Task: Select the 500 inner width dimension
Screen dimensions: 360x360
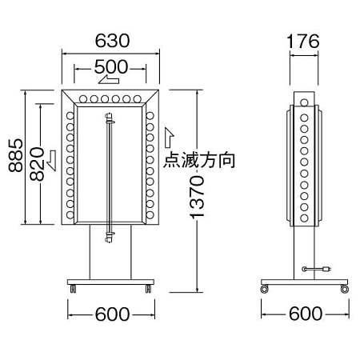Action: click(x=111, y=66)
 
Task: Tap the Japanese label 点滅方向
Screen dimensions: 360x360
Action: click(x=199, y=161)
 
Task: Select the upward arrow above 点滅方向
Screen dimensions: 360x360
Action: click(x=168, y=136)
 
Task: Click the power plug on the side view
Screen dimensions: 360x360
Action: click(x=327, y=270)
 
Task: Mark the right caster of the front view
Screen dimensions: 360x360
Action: click(x=148, y=289)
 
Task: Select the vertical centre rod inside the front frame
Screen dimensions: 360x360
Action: click(x=110, y=172)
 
